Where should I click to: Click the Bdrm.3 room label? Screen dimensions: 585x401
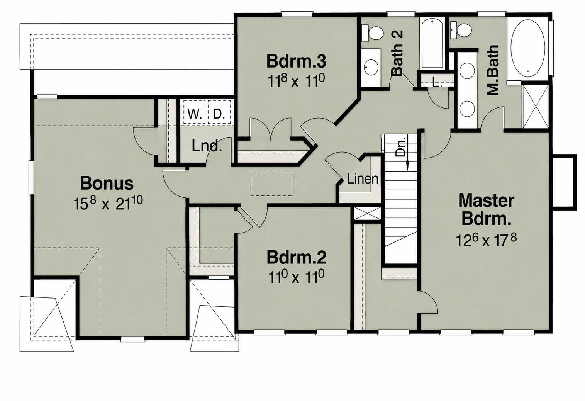(x=296, y=61)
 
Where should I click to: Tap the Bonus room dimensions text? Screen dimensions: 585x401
(x=109, y=204)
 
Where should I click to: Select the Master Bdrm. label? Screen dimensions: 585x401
(x=487, y=209)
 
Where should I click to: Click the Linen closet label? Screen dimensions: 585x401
(x=363, y=179)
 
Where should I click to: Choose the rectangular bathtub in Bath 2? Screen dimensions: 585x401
(x=432, y=43)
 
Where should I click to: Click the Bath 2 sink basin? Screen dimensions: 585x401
(x=371, y=67)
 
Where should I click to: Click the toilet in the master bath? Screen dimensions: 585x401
(x=460, y=30)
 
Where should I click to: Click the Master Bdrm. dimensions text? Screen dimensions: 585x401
(x=486, y=240)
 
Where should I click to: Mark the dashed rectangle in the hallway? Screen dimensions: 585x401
(x=272, y=184)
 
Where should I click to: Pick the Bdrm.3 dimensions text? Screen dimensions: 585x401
(x=296, y=81)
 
